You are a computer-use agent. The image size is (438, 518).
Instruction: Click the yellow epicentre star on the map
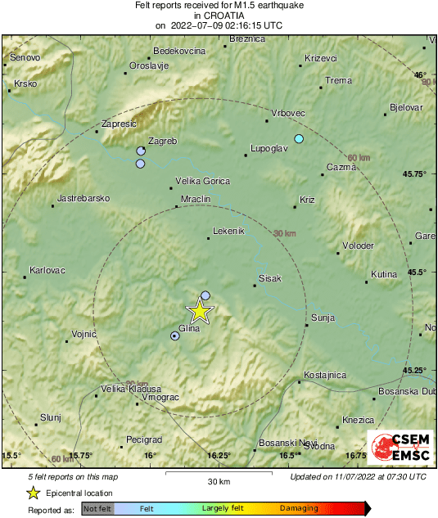coord(199,311)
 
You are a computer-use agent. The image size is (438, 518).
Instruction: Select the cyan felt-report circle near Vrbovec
coord(299,138)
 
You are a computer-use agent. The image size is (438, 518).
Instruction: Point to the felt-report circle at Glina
coord(174,336)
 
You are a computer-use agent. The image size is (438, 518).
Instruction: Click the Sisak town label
coord(269,279)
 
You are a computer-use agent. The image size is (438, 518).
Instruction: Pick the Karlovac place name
coord(47,269)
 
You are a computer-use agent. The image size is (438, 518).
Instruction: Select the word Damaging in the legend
coord(299,508)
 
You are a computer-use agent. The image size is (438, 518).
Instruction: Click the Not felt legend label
coord(96,508)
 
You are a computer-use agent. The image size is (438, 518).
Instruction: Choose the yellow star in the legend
coord(33,493)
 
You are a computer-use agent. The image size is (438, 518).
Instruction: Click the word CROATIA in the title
coord(218,15)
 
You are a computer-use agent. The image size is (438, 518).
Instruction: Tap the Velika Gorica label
coord(203,181)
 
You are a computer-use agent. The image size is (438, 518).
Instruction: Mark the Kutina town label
coord(384,274)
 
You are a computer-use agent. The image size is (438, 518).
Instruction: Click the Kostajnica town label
coord(324,375)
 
